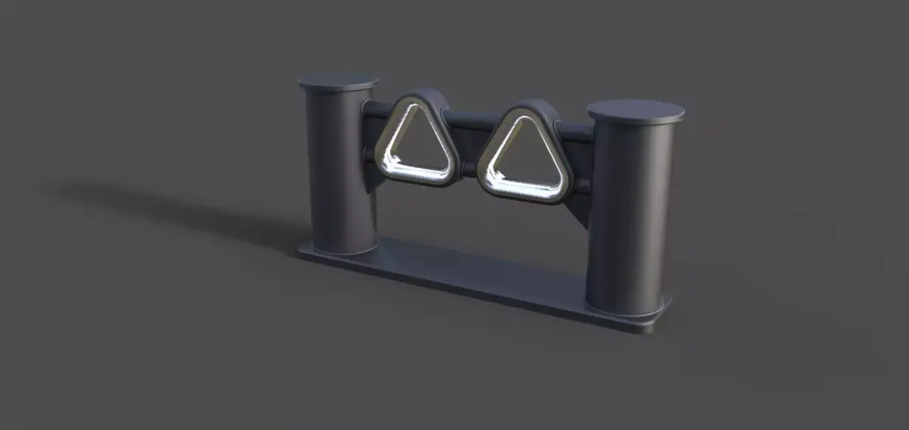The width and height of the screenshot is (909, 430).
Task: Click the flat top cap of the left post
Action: coord(338,81)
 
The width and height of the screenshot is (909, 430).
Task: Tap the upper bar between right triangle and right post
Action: coord(576,133)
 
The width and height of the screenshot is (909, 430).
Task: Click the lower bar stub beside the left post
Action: coord(370,154)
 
